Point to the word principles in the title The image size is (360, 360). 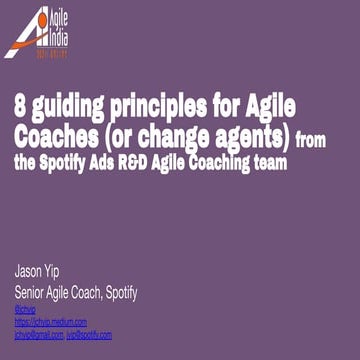pyautogui.click(x=160, y=105)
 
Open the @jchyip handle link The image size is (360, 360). pyautogui.click(x=26, y=309)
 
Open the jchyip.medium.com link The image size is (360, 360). pyautogui.click(x=51, y=322)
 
